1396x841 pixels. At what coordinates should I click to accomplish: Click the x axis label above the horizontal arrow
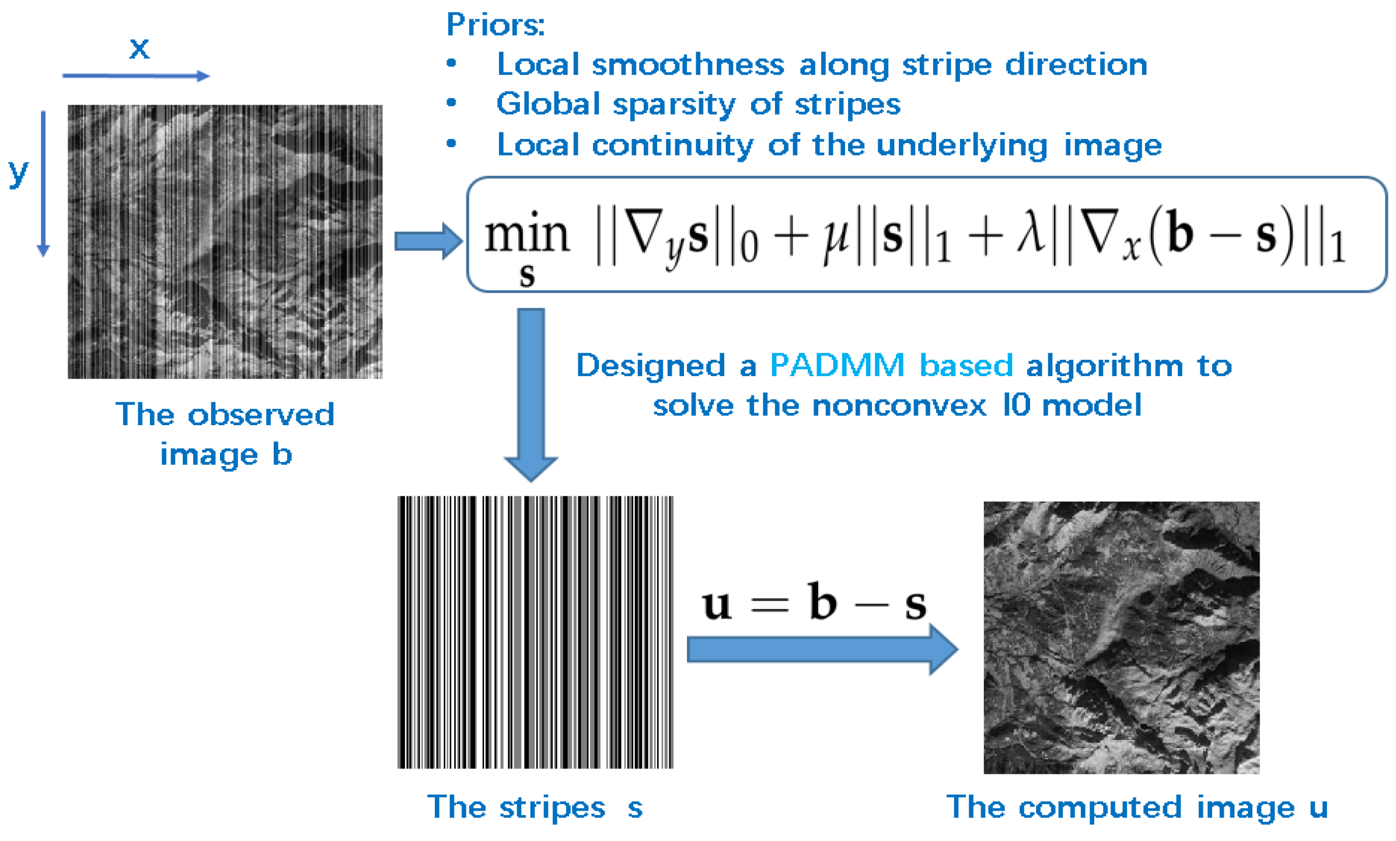(x=139, y=48)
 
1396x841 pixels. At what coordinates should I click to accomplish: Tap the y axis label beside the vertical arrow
(x=19, y=173)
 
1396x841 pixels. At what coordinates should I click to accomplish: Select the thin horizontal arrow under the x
(x=135, y=76)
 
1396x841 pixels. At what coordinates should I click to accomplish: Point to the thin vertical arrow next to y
(x=43, y=183)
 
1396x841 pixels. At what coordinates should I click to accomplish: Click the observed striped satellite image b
(x=225, y=241)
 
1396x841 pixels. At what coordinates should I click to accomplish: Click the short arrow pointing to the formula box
(x=428, y=241)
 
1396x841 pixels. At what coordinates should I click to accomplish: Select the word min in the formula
(x=526, y=235)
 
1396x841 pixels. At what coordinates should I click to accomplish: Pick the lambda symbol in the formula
(x=1030, y=234)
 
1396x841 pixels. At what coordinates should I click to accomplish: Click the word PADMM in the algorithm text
(x=837, y=366)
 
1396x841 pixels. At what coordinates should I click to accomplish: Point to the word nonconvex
(x=899, y=405)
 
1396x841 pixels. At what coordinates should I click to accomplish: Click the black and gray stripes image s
(x=535, y=632)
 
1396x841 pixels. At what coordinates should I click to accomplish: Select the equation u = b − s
(x=814, y=603)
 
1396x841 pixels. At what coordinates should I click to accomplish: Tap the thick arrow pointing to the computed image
(x=822, y=649)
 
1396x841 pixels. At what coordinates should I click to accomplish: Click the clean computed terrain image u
(x=1121, y=637)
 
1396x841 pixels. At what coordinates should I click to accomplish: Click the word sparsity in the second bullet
(x=675, y=105)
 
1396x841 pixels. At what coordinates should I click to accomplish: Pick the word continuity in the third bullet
(x=672, y=145)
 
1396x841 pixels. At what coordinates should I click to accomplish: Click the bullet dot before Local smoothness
(x=451, y=64)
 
